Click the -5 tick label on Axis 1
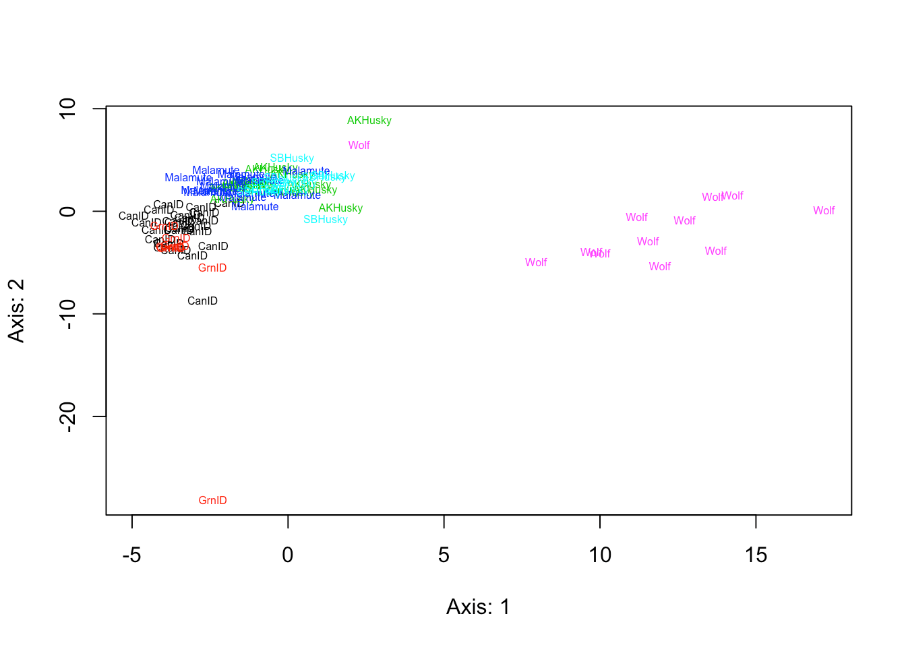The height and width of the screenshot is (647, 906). click(131, 555)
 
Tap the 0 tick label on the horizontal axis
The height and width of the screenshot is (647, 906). click(288, 555)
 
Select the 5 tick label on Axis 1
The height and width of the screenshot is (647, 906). click(444, 555)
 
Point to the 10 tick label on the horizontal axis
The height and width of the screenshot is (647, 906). click(600, 555)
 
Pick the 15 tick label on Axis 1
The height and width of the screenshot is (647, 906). click(756, 555)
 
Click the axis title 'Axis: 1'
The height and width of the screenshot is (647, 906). click(478, 607)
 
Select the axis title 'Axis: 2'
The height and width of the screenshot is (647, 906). click(16, 311)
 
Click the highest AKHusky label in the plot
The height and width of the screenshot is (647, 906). click(369, 121)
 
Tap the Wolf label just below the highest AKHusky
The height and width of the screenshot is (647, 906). click(359, 146)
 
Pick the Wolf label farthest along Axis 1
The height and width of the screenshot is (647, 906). click(824, 211)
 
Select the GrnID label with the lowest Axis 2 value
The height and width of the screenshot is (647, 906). click(212, 501)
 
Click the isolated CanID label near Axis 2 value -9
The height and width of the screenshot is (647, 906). click(202, 301)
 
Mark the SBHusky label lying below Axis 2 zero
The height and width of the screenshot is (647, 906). click(326, 220)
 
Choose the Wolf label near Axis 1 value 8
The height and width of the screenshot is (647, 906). click(536, 263)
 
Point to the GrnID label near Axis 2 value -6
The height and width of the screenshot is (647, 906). click(212, 268)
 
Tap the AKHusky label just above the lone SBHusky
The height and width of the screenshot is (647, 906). click(340, 208)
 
